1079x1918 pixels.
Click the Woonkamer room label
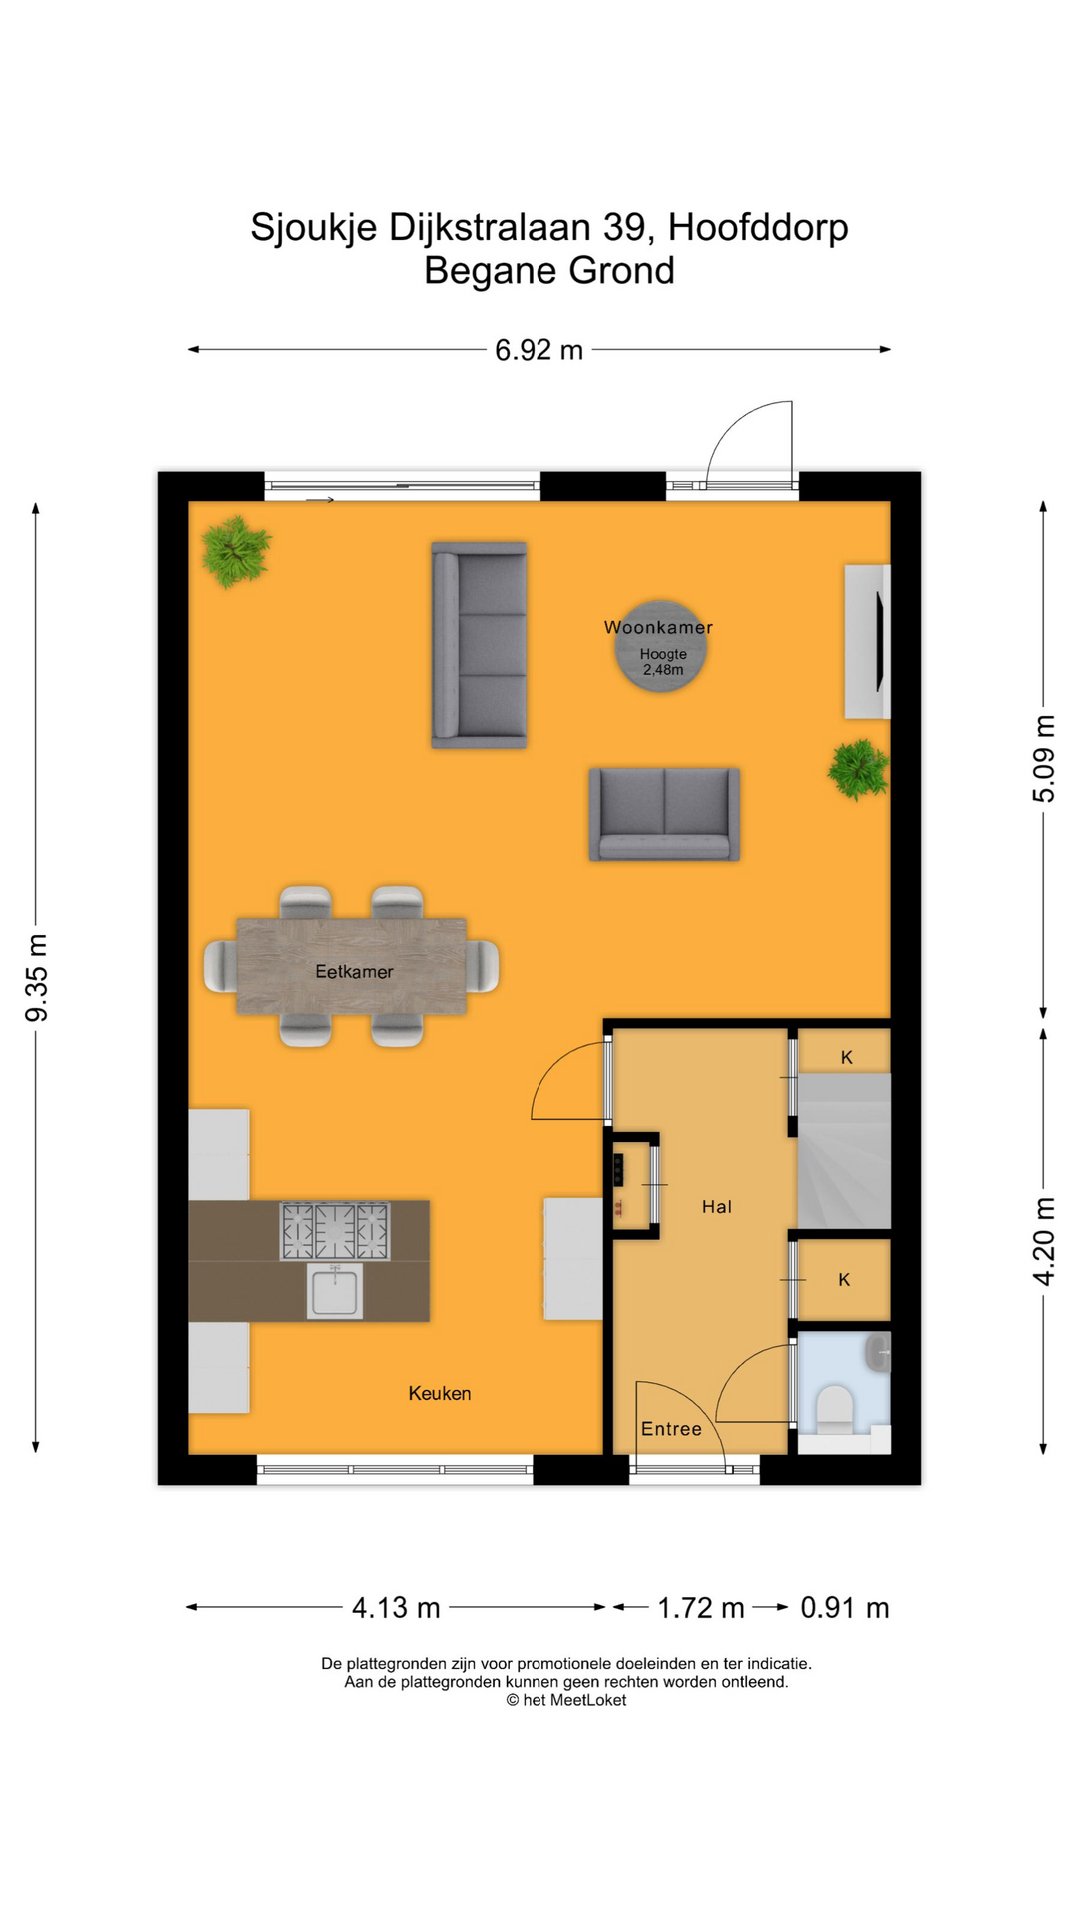click(x=658, y=627)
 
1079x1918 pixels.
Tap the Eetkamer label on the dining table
click(x=354, y=971)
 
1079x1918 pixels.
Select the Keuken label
click(x=440, y=1393)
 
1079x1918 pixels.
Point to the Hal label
click(x=717, y=1207)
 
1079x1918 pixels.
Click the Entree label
click(x=671, y=1429)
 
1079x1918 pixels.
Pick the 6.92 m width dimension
click(x=539, y=350)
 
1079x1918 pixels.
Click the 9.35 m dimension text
click(x=37, y=978)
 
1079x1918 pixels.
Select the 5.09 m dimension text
click(x=1044, y=758)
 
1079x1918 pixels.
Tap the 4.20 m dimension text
click(x=1044, y=1241)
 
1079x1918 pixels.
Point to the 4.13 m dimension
click(x=396, y=1608)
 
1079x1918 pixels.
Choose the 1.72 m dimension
click(x=701, y=1608)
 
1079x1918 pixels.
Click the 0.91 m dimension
click(x=845, y=1608)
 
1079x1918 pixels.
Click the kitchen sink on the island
click(x=335, y=1291)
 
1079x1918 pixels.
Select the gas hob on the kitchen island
click(x=335, y=1231)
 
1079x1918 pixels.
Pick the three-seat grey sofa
click(x=479, y=645)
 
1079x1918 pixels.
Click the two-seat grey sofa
click(x=664, y=814)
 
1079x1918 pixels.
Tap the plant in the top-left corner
click(x=236, y=550)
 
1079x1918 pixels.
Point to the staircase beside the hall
click(x=844, y=1151)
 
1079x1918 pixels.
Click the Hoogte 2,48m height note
click(x=663, y=662)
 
